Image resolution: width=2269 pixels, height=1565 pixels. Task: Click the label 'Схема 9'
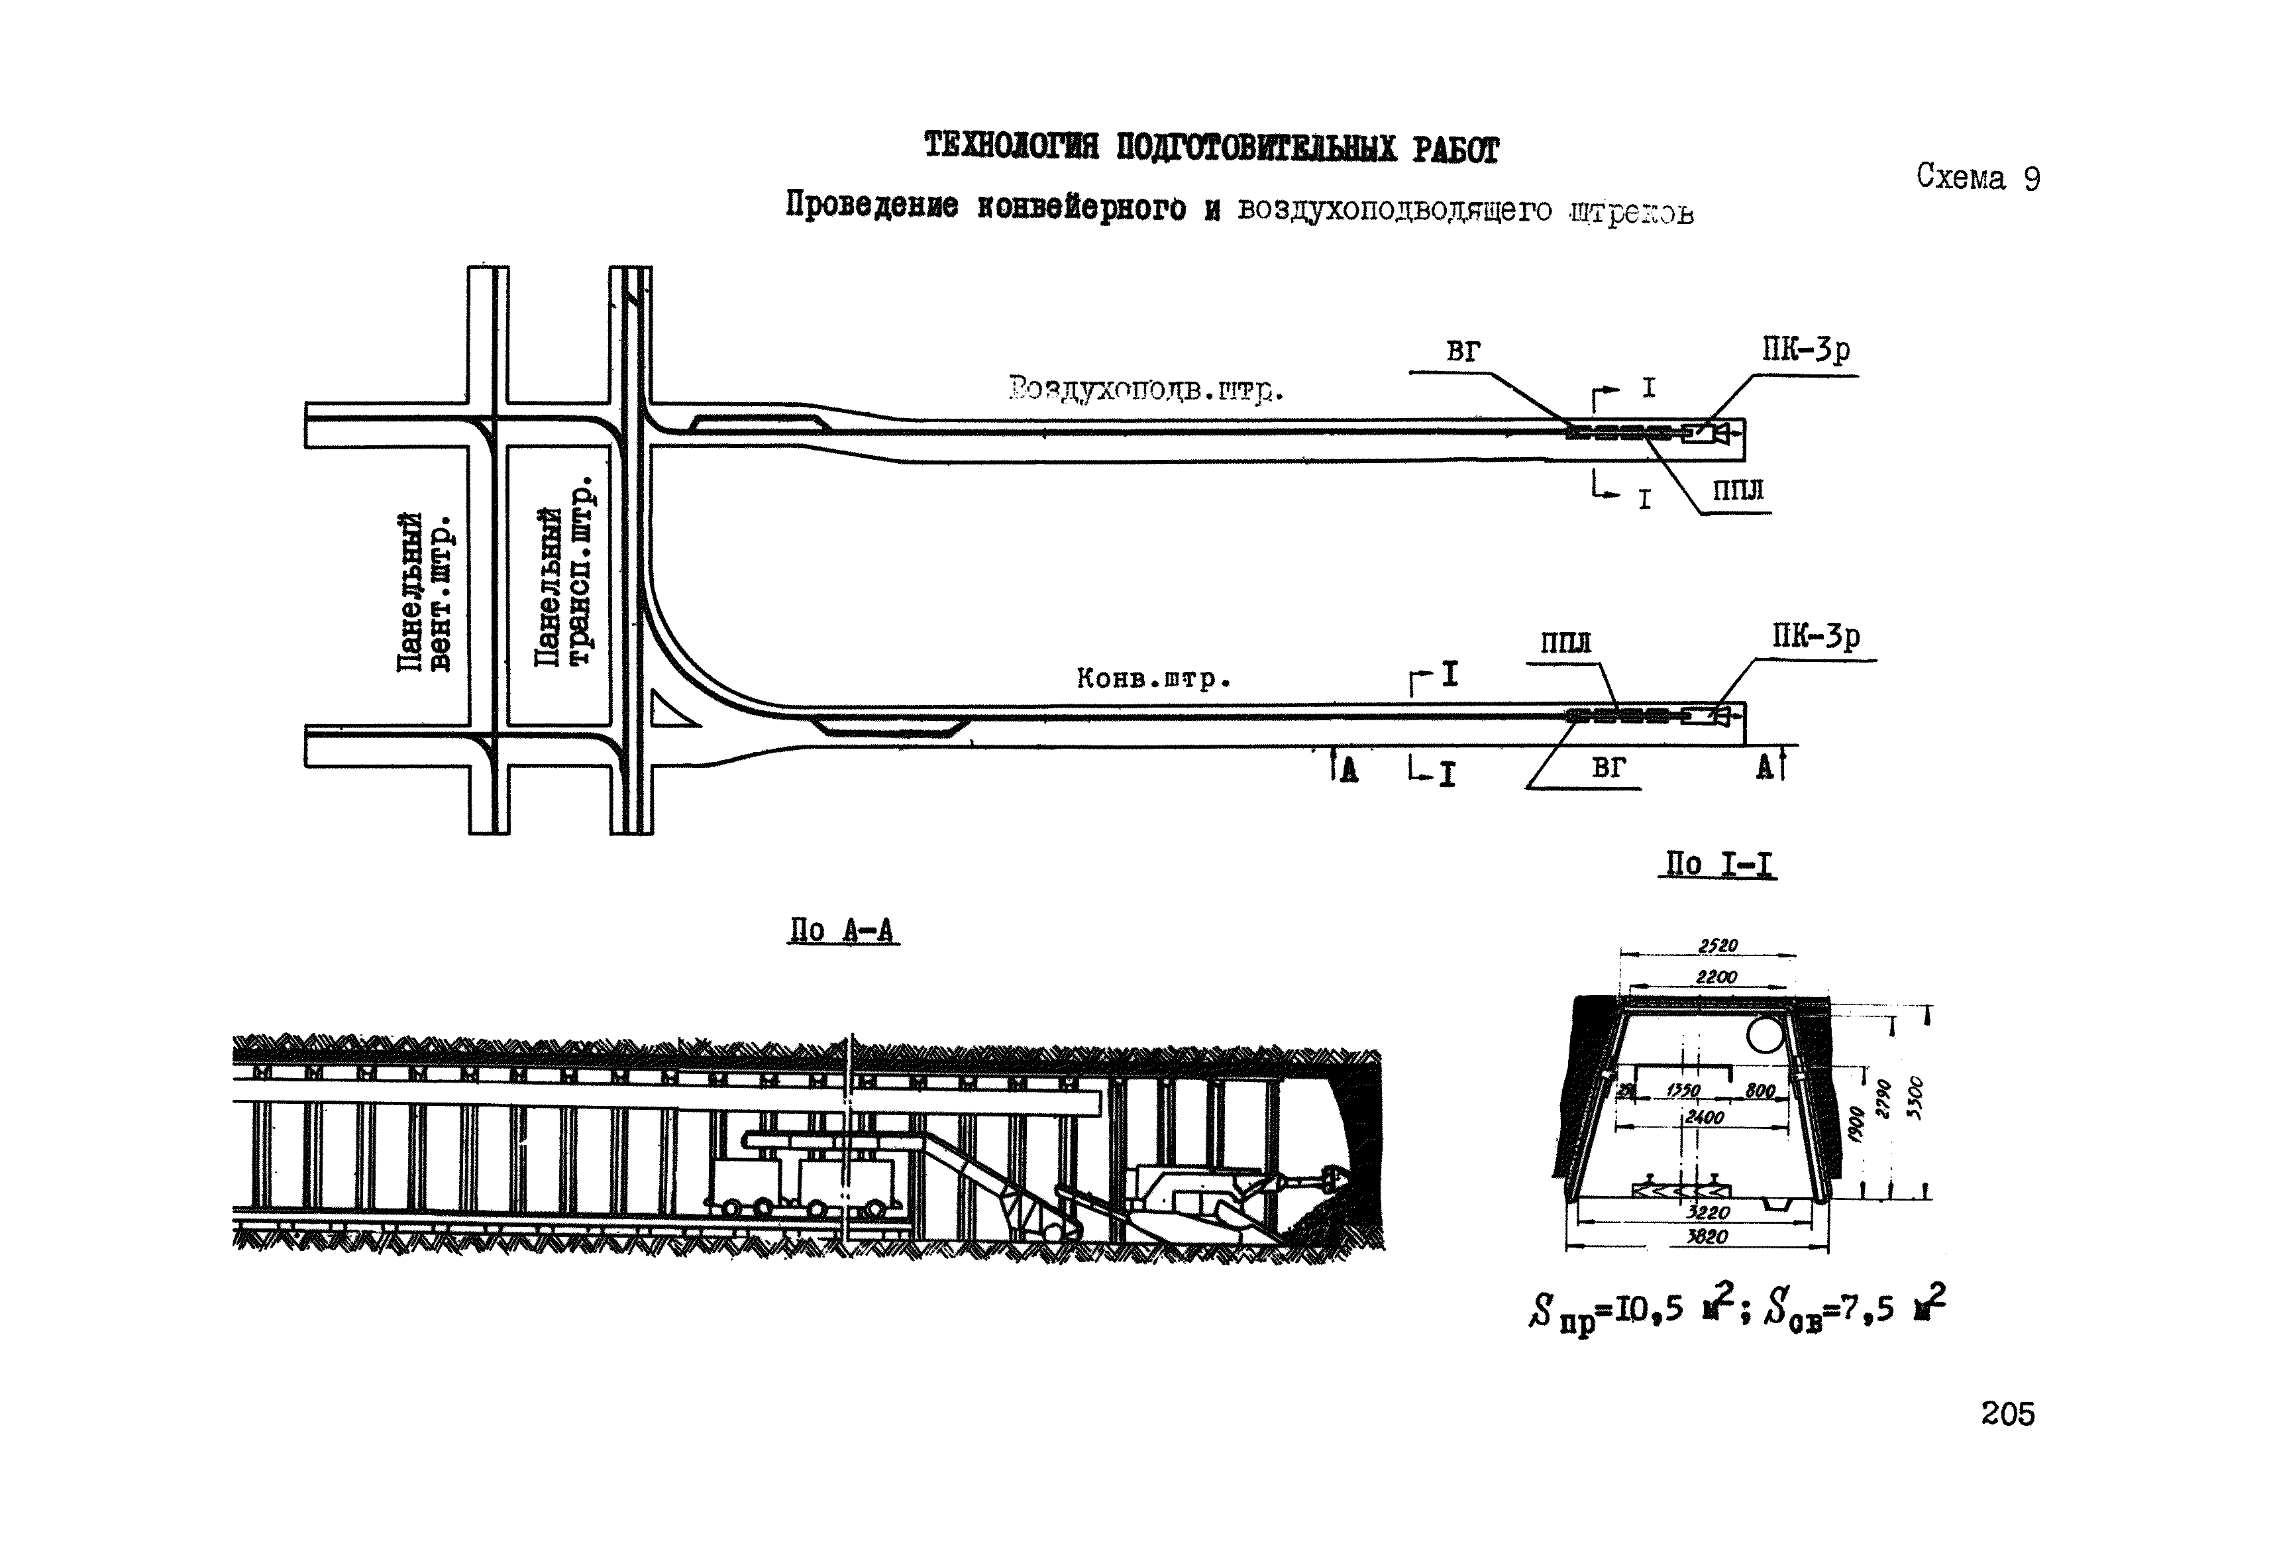tap(1978, 178)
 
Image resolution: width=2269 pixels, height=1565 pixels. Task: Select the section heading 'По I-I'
tap(1716, 864)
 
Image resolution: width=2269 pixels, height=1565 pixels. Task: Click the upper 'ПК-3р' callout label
tap(1805, 350)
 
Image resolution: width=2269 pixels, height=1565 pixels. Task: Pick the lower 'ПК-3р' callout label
tap(1815, 637)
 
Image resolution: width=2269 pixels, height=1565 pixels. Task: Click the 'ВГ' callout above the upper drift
tap(1462, 351)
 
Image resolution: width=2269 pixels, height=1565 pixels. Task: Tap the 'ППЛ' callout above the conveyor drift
tap(1565, 643)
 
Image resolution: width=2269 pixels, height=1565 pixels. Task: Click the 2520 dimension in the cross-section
tap(1717, 945)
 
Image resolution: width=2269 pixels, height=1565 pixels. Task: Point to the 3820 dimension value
tap(1706, 1238)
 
